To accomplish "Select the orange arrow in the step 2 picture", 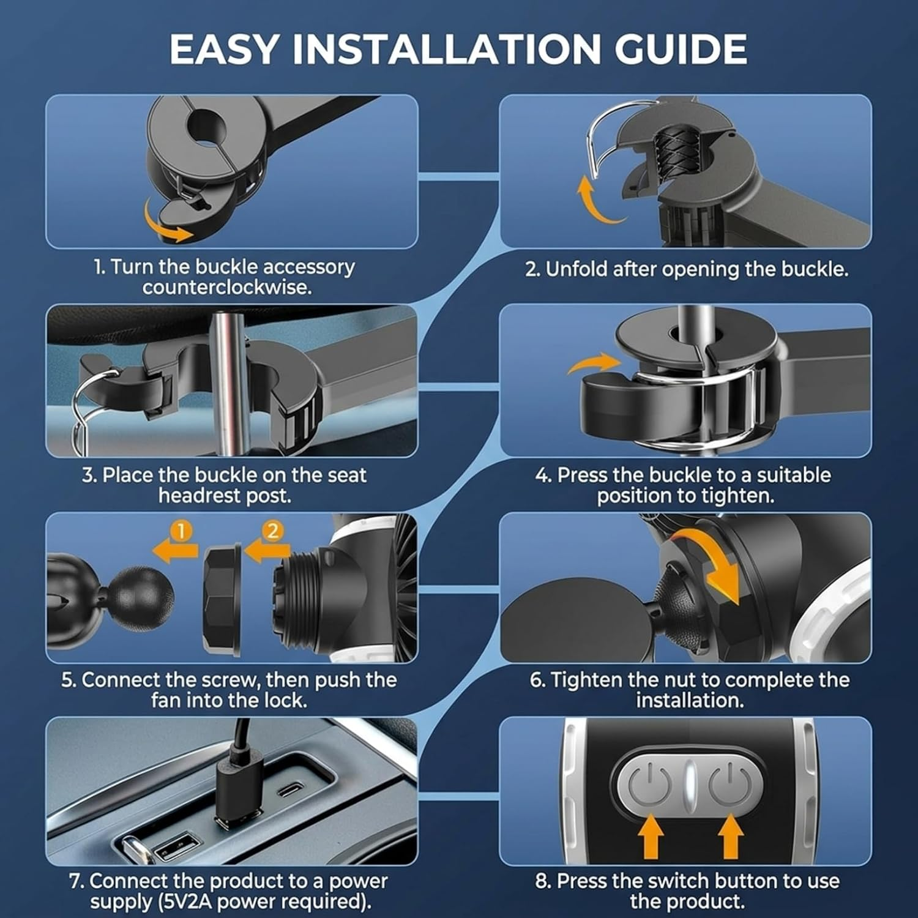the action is coord(597,202).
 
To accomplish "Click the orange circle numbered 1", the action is coord(181,531).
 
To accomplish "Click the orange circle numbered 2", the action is coord(272,531).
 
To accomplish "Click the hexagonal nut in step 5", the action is coord(223,595).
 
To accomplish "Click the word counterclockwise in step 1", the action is coord(227,287).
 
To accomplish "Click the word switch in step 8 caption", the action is coord(679,881).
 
